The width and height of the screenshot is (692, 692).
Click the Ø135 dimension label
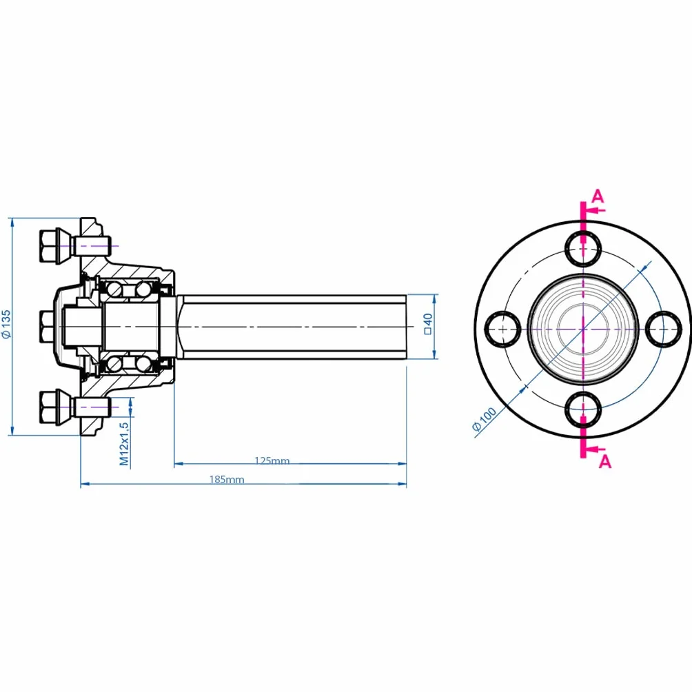(x=6, y=324)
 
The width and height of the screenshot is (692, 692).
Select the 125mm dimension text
(x=272, y=460)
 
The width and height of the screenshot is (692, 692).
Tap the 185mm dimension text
(x=227, y=479)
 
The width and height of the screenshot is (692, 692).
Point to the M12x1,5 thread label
(x=125, y=444)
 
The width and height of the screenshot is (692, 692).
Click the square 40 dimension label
(x=427, y=324)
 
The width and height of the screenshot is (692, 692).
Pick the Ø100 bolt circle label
(x=484, y=419)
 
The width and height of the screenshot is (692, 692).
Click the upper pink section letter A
(x=597, y=196)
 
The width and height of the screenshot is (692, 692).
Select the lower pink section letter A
(x=605, y=462)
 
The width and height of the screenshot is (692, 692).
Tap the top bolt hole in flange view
(x=583, y=249)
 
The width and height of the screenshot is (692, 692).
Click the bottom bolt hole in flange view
(x=583, y=409)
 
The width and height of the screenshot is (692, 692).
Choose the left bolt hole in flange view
(x=502, y=329)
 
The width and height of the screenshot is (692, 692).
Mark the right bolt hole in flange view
(x=664, y=329)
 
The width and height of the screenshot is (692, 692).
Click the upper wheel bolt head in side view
(x=50, y=246)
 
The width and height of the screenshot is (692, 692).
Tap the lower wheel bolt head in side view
(x=50, y=407)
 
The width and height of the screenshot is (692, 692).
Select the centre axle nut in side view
(x=48, y=327)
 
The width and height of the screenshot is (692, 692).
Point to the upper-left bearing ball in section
(x=114, y=289)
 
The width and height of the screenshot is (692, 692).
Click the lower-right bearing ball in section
(x=143, y=364)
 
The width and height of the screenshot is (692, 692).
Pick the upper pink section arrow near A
(x=596, y=210)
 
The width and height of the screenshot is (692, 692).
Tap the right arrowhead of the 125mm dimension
(x=402, y=464)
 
